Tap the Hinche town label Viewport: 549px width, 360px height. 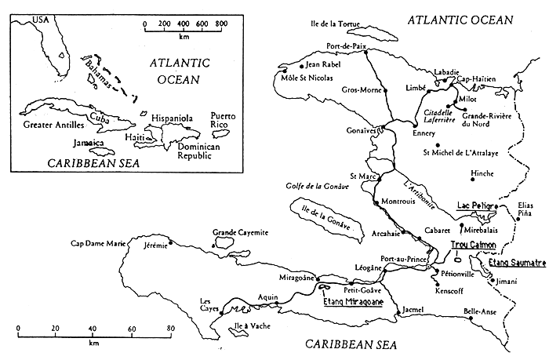click(482, 173)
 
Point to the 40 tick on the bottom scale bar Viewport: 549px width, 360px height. click(93, 329)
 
